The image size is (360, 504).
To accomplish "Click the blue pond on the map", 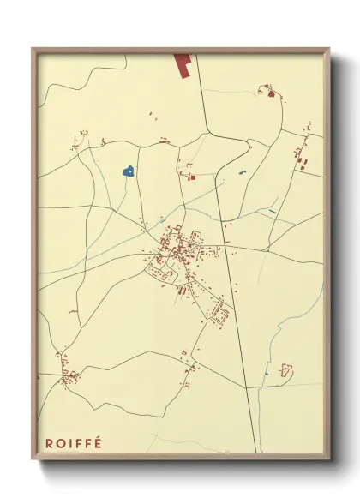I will [x=129, y=171].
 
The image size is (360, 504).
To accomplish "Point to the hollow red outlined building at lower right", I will [x=286, y=370].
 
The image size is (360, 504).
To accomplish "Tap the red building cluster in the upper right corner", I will [x=272, y=92].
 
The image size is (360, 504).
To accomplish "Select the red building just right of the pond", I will [x=190, y=177].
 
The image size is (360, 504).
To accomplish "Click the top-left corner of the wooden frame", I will [x=33, y=50].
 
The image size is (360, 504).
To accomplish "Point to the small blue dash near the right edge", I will [x=273, y=211].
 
